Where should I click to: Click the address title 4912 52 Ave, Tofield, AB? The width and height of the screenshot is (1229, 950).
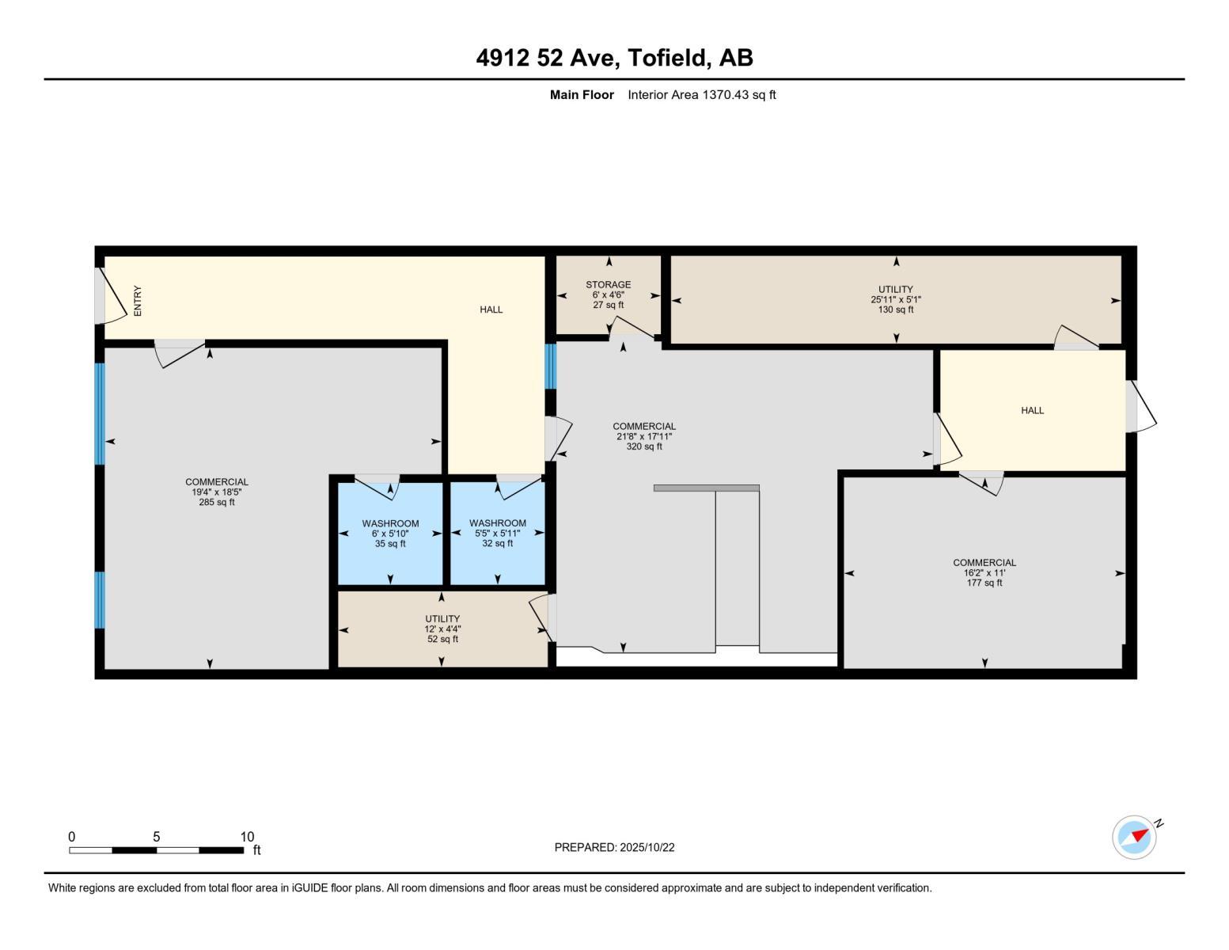614,58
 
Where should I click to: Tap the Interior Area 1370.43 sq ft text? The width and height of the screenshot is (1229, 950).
701,95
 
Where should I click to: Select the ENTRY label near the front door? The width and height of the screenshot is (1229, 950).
138,301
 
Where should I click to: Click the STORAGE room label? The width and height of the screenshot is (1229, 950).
608,285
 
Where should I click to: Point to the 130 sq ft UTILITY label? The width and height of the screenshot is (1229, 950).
895,299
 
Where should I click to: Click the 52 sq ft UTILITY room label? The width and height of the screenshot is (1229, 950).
442,629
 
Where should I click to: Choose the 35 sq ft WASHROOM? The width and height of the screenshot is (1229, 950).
390,533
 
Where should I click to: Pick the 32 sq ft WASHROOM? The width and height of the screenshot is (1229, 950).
497,533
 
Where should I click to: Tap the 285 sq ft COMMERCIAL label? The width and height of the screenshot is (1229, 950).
217,492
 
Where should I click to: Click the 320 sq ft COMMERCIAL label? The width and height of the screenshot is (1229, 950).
643,436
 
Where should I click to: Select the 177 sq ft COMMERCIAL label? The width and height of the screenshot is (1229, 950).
984,572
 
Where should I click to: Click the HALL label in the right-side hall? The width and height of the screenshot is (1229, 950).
1032,410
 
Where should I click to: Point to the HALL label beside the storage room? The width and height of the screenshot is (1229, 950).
491,310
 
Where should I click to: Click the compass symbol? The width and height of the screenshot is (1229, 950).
1134,837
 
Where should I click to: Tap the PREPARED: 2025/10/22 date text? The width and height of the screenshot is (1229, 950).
614,847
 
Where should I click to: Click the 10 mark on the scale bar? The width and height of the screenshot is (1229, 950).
247,837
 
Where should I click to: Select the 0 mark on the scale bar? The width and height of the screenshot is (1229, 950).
71,837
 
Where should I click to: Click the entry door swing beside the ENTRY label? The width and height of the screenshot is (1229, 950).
111,297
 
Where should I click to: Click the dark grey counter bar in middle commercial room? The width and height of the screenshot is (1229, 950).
706,488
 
